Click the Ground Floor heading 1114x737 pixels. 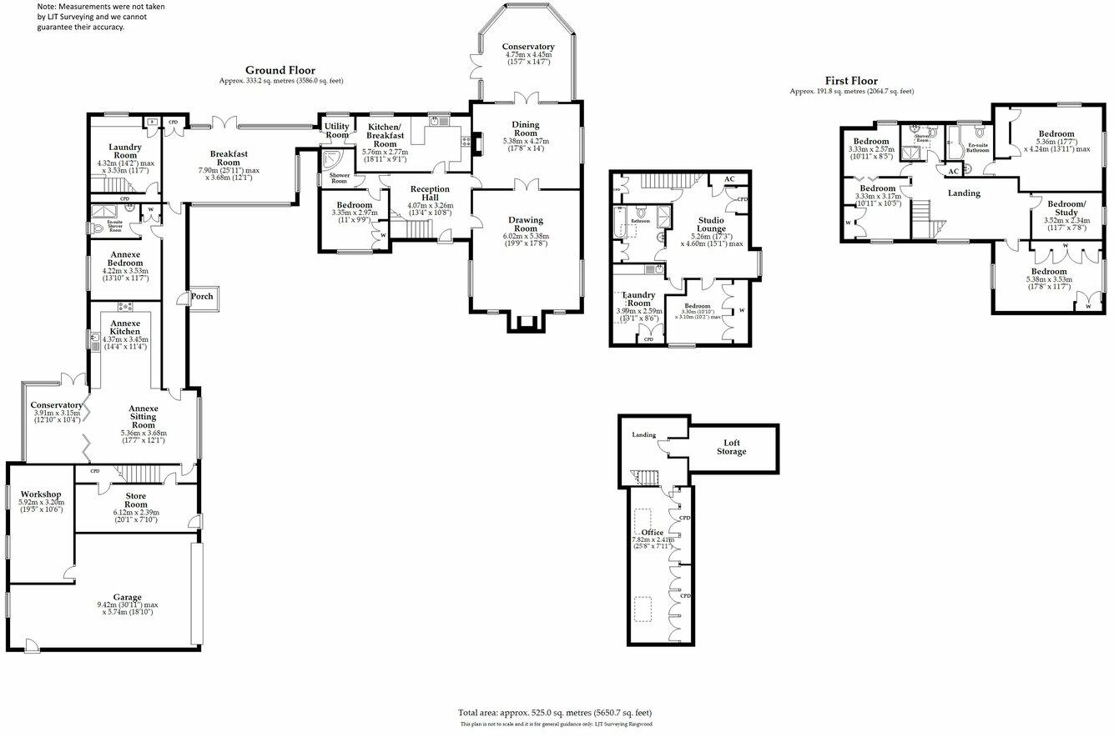[x=280, y=71]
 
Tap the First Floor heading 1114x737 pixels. [x=851, y=81]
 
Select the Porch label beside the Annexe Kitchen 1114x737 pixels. [x=202, y=296]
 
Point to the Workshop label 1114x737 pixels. [x=42, y=494]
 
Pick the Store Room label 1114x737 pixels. [x=136, y=500]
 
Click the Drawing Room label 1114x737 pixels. [x=526, y=225]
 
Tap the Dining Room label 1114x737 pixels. [x=525, y=128]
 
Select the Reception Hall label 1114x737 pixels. [x=429, y=193]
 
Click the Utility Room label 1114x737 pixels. [x=337, y=130]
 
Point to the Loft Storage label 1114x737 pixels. [x=731, y=447]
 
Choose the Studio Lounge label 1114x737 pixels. [x=711, y=224]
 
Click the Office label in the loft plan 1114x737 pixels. [x=652, y=532]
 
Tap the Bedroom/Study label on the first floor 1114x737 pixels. [x=1066, y=208]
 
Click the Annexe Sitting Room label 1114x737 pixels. [x=144, y=417]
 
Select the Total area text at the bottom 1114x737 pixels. [x=554, y=713]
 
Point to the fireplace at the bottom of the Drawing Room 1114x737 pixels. [x=526, y=322]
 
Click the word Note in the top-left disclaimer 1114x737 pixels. [x=48, y=6]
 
